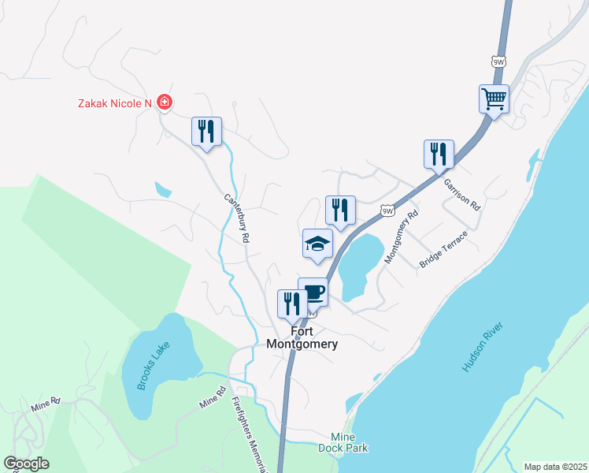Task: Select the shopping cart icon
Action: pyautogui.click(x=495, y=99)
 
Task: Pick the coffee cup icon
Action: pyautogui.click(x=314, y=292)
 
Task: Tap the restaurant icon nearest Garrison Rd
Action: pyautogui.click(x=439, y=154)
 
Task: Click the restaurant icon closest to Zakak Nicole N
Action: pyautogui.click(x=206, y=131)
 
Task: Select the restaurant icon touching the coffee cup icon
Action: pyautogui.click(x=292, y=304)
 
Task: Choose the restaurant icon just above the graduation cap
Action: pyautogui.click(x=340, y=210)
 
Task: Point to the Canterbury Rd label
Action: pyautogui.click(x=236, y=218)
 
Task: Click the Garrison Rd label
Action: pyautogui.click(x=461, y=194)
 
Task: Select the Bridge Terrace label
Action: pyautogui.click(x=444, y=249)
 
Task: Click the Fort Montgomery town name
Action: pyautogui.click(x=302, y=338)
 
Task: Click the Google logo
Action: pyautogui.click(x=26, y=464)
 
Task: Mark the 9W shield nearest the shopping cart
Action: pyautogui.click(x=497, y=61)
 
